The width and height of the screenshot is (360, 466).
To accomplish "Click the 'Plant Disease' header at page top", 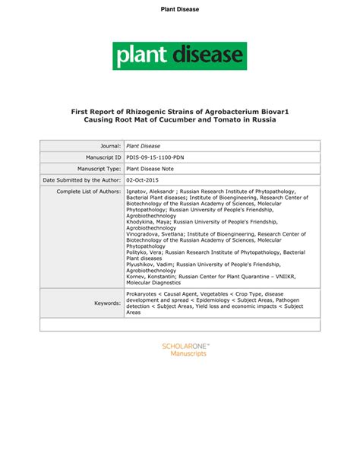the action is (179, 9).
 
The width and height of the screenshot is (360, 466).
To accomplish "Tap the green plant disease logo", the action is (179, 55).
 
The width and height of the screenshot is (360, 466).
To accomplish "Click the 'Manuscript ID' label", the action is (99, 157).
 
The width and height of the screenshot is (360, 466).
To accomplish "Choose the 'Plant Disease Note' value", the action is (155, 168).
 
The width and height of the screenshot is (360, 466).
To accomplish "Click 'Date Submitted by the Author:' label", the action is (83, 179).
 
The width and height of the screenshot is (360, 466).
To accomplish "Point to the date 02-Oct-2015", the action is (144, 179).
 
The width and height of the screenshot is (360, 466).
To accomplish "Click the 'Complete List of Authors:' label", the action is (90, 192).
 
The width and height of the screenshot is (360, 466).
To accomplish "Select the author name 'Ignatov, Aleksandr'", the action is (152, 192).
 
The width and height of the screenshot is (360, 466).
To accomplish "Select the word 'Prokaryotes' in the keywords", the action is (142, 291).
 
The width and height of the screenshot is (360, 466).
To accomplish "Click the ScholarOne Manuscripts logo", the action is (187, 350).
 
